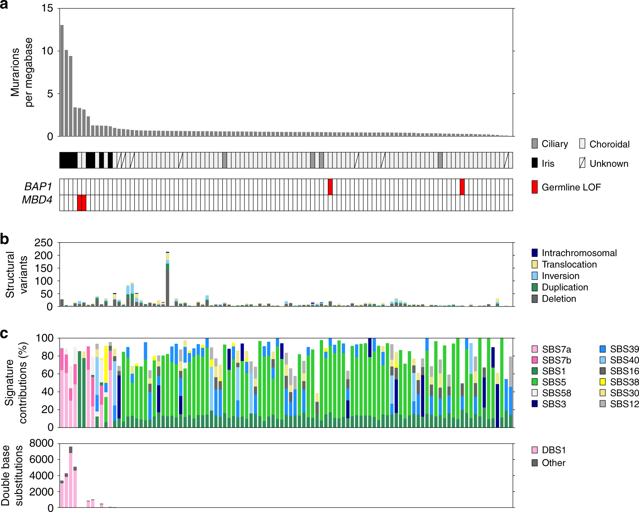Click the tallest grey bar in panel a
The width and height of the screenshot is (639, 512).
[62, 80]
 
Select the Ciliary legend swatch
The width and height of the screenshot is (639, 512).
[534, 143]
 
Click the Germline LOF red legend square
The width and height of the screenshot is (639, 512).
[534, 187]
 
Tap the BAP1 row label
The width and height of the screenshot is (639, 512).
[38, 187]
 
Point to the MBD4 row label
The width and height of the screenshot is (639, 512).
[37, 200]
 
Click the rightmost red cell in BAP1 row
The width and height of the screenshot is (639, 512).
[462, 187]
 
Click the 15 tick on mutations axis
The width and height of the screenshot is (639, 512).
[47, 8]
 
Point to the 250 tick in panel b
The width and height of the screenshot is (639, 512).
[43, 243]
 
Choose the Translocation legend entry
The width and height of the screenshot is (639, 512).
[569, 264]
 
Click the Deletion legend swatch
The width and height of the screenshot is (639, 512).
[534, 299]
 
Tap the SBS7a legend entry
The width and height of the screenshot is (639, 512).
[556, 349]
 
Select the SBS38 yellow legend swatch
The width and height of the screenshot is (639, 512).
[603, 382]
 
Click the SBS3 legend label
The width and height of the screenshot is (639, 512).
[554, 404]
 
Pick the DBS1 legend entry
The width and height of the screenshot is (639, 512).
[554, 450]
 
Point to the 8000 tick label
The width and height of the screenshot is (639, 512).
[41, 443]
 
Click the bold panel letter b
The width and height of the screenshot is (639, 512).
[5, 239]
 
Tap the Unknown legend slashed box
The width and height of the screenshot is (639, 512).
[582, 163]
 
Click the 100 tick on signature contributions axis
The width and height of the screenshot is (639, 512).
[44, 338]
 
